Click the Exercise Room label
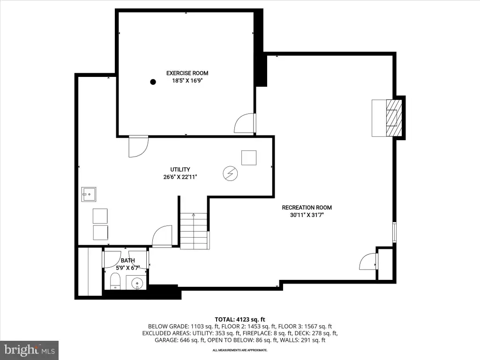pyautogui.click(x=187, y=73)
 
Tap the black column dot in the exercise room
pyautogui.click(x=153, y=82)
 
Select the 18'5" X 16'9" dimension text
pyautogui.click(x=187, y=81)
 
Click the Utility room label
pyautogui.click(x=180, y=169)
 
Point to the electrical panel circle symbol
pyautogui.click(x=230, y=173)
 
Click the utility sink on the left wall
pyautogui.click(x=89, y=195)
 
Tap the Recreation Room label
pyautogui.click(x=307, y=208)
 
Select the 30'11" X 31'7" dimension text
pyautogui.click(x=307, y=215)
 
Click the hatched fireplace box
pyautogui.click(x=394, y=118)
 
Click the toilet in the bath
pyautogui.click(x=115, y=281)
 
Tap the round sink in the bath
pyautogui.click(x=137, y=283)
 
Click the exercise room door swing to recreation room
pyautogui.click(x=245, y=123)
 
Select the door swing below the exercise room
pyautogui.click(x=138, y=146)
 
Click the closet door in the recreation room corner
pyautogui.click(x=368, y=262)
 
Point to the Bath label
pyautogui.click(x=127, y=261)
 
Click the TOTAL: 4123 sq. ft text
pyautogui.click(x=240, y=320)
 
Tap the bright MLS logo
pyautogui.click(x=30, y=350)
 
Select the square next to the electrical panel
pyautogui.click(x=249, y=157)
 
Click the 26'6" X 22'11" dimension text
pyautogui.click(x=180, y=177)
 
